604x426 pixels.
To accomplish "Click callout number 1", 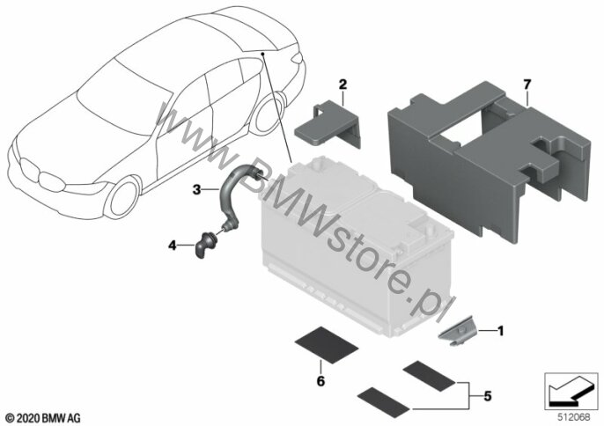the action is pos(500,330).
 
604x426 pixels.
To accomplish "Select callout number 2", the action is pos(343,84).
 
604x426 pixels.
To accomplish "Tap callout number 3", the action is pos(197,189).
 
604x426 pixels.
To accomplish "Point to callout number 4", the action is pos(173,245).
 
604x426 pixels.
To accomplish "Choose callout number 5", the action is pos(488,395).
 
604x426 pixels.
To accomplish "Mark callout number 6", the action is pos(320,381).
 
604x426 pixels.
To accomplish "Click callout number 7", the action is pos(527,84).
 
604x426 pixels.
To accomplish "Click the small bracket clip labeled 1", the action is pos(458,331).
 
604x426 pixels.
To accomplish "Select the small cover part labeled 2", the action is pos(328,124).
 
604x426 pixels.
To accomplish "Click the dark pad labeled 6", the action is pos(326,345).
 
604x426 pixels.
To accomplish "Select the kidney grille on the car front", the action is pos(41,175).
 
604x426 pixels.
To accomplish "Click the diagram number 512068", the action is pos(572,417).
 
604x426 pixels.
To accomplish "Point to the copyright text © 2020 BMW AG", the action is pos(43,418).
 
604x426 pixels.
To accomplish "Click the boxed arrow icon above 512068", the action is pos(571,392).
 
